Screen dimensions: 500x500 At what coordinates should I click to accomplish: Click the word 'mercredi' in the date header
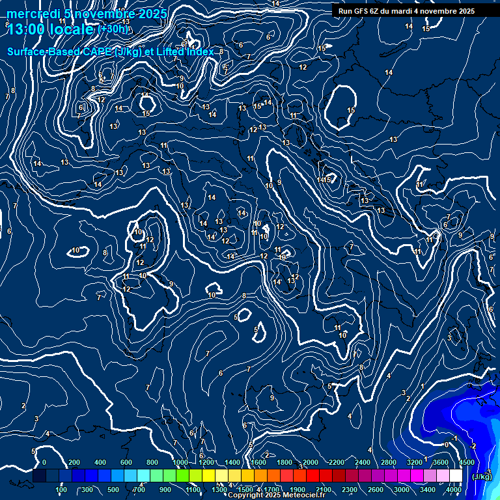tap(33, 14)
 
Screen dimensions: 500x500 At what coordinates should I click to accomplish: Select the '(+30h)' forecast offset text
tap(113, 29)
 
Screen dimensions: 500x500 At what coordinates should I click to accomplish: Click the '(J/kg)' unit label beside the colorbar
tap(482, 477)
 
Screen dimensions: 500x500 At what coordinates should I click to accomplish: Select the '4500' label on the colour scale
tap(467, 462)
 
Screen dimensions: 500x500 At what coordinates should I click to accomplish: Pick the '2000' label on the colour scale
tap(311, 462)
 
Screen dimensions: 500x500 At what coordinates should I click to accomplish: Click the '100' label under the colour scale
tap(62, 490)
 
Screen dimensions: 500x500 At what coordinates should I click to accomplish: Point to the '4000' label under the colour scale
tap(454, 490)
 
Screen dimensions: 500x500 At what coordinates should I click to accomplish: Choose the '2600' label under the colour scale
tap(376, 490)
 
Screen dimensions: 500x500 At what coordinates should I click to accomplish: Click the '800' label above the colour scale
tap(152, 462)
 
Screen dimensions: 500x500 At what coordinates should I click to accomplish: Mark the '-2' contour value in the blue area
tap(473, 446)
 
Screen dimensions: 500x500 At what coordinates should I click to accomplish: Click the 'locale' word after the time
tap(72, 29)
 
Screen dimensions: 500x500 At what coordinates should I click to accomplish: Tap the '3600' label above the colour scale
tap(441, 462)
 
